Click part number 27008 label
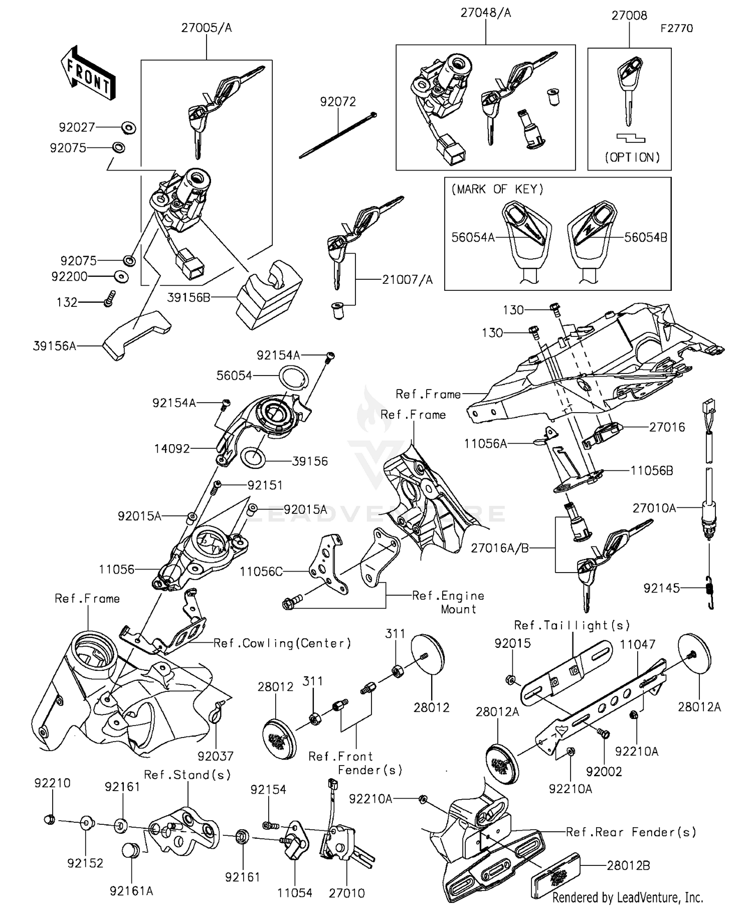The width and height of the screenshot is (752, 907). pyautogui.click(x=629, y=16)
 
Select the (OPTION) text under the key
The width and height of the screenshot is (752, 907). pyautogui.click(x=632, y=157)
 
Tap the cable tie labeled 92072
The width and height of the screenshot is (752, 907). pyautogui.click(x=337, y=135)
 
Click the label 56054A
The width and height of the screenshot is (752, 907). pyautogui.click(x=473, y=238)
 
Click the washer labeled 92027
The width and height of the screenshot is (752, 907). pyautogui.click(x=128, y=128)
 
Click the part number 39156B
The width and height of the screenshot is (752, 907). pyautogui.click(x=189, y=298)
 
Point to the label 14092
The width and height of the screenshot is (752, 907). pyautogui.click(x=172, y=449)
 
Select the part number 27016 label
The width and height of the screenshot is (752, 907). pyautogui.click(x=667, y=427)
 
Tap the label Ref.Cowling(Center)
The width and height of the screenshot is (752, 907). pyautogui.click(x=282, y=643)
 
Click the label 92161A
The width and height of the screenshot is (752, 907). pyautogui.click(x=131, y=891)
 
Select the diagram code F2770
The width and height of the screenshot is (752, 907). pyautogui.click(x=676, y=29)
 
